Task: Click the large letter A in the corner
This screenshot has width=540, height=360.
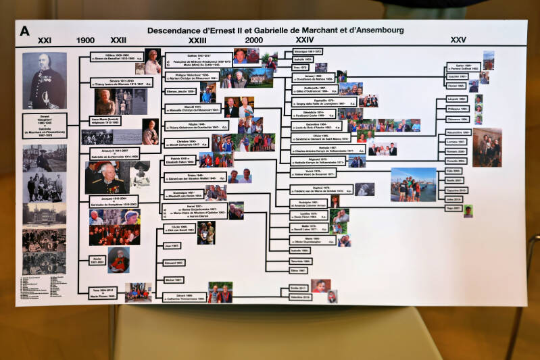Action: tap(25, 30)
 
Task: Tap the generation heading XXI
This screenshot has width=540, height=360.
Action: tap(45, 41)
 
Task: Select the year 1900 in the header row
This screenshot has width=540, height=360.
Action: tap(86, 41)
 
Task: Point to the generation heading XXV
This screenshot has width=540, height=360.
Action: tap(458, 40)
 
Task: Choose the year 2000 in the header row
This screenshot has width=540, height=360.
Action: tap(254, 41)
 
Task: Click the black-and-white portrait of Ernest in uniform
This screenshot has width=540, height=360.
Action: tap(45, 80)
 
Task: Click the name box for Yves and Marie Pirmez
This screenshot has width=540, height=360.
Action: tap(103, 292)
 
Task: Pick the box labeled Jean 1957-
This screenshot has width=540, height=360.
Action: tap(172, 246)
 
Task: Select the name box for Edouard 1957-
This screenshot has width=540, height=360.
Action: tap(174, 263)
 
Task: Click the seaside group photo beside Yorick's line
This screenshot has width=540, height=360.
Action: tap(413, 184)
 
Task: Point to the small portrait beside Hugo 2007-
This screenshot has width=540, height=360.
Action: tap(468, 211)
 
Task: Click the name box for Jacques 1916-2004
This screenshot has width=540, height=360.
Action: tap(114, 202)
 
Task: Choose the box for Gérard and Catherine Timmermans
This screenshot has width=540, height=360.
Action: tap(184, 297)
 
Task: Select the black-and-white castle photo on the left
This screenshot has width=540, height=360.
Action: tap(45, 213)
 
